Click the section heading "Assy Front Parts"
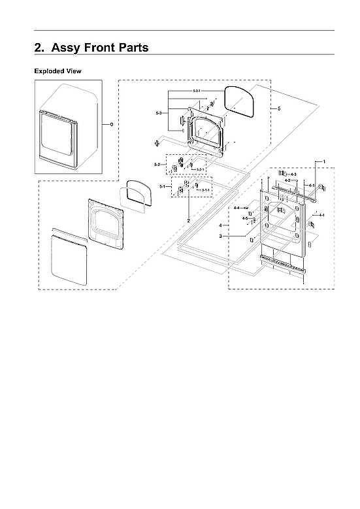click(x=91, y=48)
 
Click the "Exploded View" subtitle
click(x=58, y=71)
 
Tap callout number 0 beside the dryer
click(x=111, y=123)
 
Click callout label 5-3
click(x=159, y=114)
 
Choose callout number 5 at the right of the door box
click(x=279, y=108)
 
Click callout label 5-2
click(x=157, y=164)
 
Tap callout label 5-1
click(x=162, y=187)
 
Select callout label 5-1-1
click(x=205, y=190)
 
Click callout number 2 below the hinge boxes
click(x=189, y=222)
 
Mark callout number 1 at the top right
click(x=323, y=160)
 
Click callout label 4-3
click(x=293, y=174)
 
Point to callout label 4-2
click(x=287, y=180)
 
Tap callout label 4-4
click(x=237, y=207)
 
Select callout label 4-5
click(x=245, y=218)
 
